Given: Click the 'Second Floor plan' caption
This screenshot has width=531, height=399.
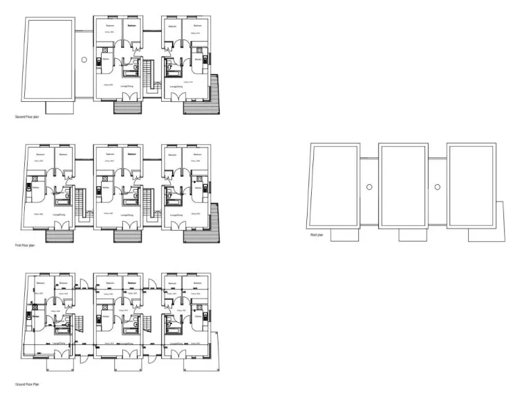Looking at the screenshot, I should click(27, 117).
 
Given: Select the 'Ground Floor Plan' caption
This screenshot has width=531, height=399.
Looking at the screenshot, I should click(26, 383).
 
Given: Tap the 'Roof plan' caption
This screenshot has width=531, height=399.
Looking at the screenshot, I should click(317, 236).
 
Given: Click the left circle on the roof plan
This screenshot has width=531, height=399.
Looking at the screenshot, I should click(369, 186).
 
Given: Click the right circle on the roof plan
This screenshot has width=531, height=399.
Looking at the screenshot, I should click(437, 186).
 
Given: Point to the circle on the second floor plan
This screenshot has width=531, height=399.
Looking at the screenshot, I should click(84, 60).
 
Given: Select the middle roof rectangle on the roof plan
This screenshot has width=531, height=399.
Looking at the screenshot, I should click(404, 186).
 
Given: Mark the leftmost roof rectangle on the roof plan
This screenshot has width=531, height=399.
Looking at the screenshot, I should click(335, 186).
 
